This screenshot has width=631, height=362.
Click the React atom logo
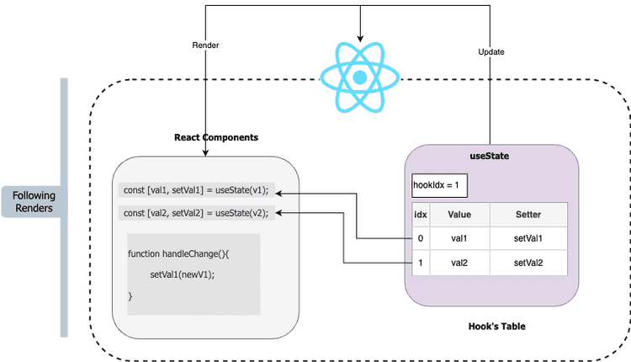360,77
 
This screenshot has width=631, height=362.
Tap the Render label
205,45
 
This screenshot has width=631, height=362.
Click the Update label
490,51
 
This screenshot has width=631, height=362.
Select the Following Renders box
34,202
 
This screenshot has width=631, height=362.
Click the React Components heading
216,137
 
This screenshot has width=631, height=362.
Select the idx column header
421,215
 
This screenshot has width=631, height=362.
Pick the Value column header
459,215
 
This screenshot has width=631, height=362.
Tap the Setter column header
528,215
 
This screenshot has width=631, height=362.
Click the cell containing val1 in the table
459,239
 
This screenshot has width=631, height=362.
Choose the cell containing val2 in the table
459,263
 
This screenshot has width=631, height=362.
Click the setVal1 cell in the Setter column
528,239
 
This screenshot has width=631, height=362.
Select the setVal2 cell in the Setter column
528,263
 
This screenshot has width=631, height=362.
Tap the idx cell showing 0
421,239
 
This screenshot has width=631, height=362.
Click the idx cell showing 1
421,263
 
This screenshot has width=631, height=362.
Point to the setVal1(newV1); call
183,274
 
